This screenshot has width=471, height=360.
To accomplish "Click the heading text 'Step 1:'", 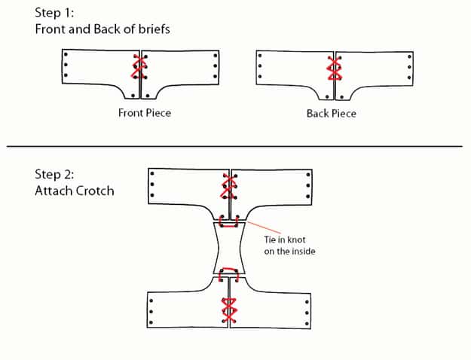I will [55, 13].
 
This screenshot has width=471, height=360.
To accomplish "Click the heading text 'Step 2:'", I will [55, 175].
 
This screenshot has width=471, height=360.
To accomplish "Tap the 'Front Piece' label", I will [145, 113].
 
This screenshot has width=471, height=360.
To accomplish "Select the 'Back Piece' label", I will [331, 114].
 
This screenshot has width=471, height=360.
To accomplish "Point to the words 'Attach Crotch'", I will [74, 191].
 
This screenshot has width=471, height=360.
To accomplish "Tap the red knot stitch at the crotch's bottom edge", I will [228, 276].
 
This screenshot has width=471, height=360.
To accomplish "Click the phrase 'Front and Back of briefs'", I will [102, 29].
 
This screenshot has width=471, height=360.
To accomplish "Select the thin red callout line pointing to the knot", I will [254, 226].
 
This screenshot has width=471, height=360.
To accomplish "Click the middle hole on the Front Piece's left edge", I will [66, 65].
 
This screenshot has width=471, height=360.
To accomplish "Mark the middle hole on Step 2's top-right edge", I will [308, 185].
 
